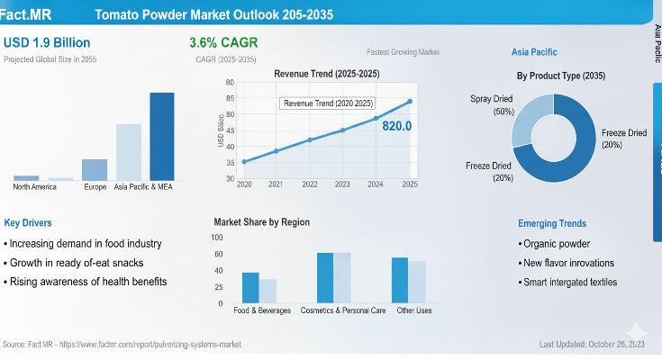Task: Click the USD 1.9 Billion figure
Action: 47,42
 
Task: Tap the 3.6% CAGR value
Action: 222,42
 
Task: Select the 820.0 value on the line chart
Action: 396,126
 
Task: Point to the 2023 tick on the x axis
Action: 342,184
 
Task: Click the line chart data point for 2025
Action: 410,101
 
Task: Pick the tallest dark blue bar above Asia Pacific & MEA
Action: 162,136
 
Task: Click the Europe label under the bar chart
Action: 95,187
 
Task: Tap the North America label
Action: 34,187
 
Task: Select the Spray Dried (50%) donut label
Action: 492,104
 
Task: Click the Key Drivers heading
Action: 28,222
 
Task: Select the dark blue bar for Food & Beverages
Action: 250,287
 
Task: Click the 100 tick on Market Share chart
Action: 217,238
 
